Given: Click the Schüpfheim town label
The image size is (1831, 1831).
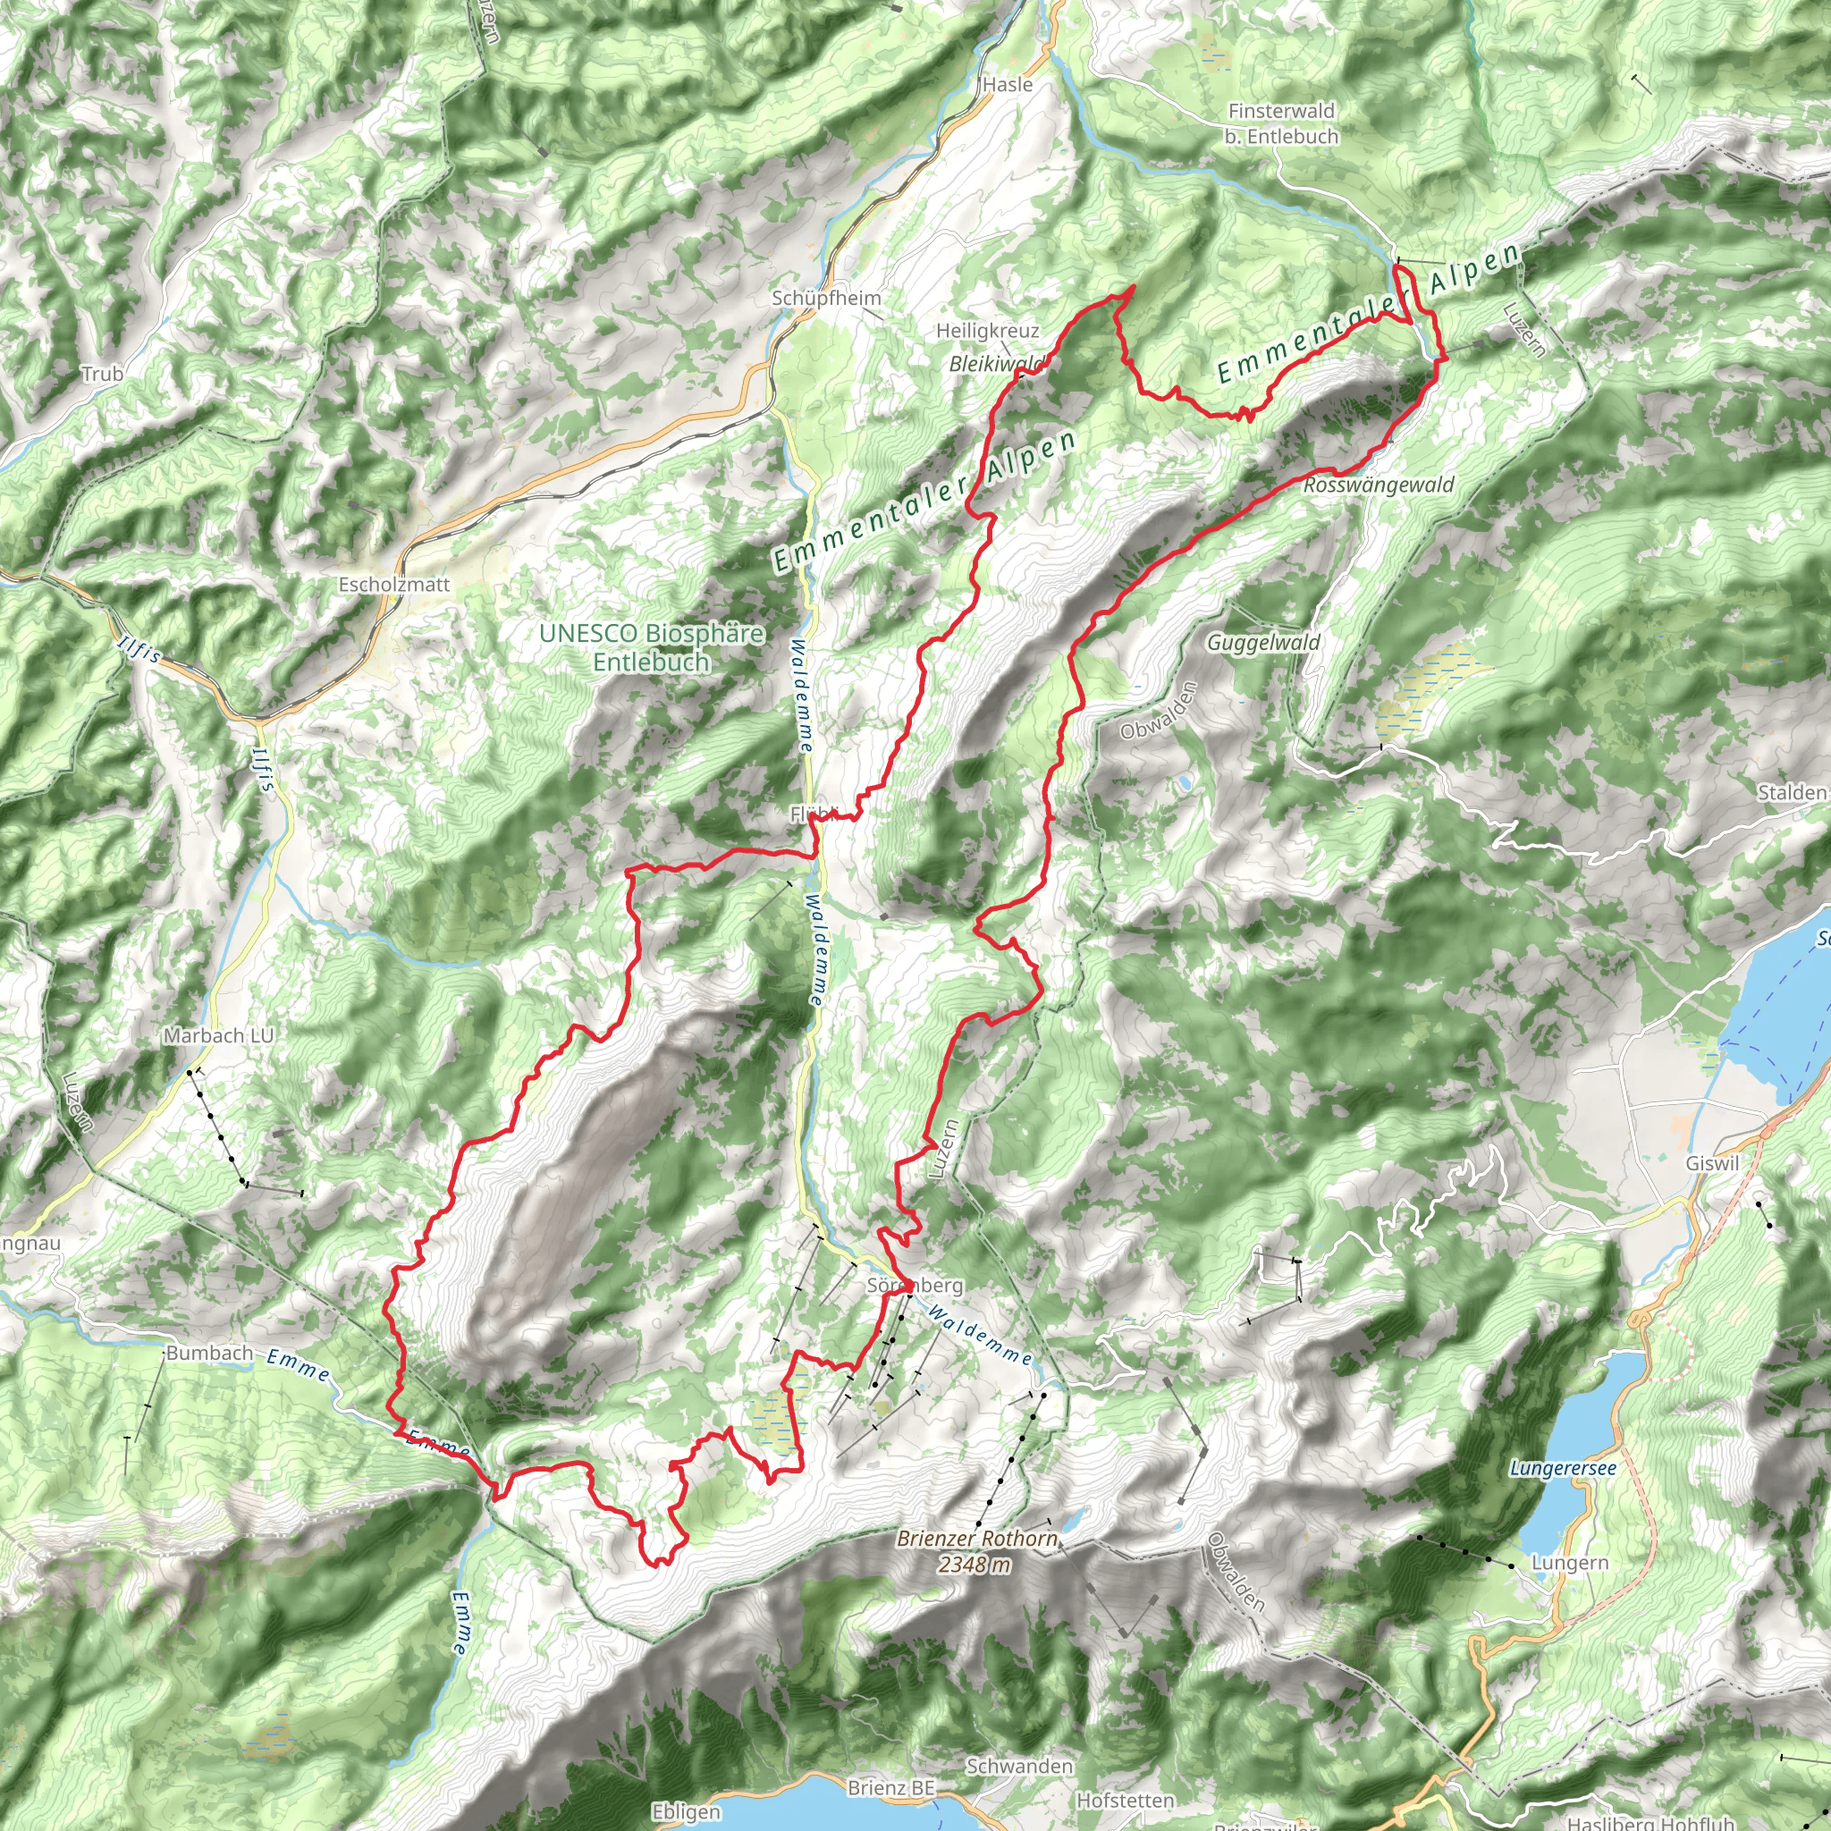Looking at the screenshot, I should [826, 299].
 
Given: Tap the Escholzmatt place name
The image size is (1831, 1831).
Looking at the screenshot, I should [394, 585].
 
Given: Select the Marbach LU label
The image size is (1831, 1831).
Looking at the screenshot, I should [218, 1036].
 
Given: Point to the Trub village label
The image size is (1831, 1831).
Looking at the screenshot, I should [102, 374].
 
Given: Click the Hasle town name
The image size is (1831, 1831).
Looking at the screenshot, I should [1008, 84].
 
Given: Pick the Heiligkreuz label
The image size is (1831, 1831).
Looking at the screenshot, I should [988, 331].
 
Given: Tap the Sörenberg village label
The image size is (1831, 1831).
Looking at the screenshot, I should [915, 1285].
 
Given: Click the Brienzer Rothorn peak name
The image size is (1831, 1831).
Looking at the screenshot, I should [977, 1538].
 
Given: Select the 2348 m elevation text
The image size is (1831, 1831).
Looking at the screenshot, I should [975, 1565].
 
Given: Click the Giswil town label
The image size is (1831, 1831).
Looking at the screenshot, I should [1712, 1163].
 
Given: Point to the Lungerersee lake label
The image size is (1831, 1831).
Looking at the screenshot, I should [1563, 1469].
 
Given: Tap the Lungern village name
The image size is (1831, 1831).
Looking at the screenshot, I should [1570, 1563].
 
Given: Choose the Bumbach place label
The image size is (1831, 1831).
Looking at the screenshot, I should [209, 1354].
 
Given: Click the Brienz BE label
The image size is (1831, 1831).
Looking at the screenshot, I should [890, 1788].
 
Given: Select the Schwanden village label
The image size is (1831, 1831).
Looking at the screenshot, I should [1019, 1767].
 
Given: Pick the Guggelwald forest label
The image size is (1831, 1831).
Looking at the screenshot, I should [1263, 643].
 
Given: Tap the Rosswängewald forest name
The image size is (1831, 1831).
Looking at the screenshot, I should [1378, 485].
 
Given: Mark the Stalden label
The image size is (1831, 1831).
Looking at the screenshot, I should [1791, 792].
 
